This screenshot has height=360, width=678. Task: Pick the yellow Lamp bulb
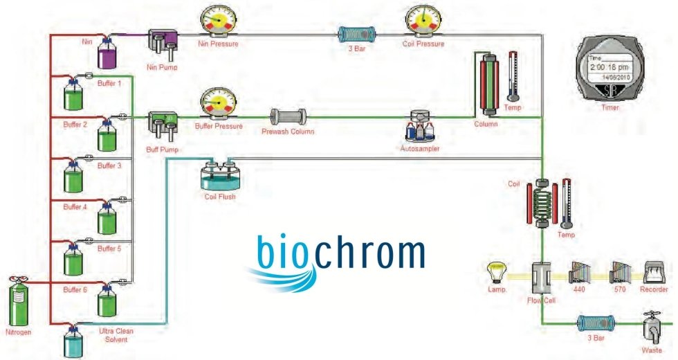497,271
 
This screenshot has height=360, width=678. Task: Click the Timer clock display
610,70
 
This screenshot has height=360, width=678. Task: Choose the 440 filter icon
578,274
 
